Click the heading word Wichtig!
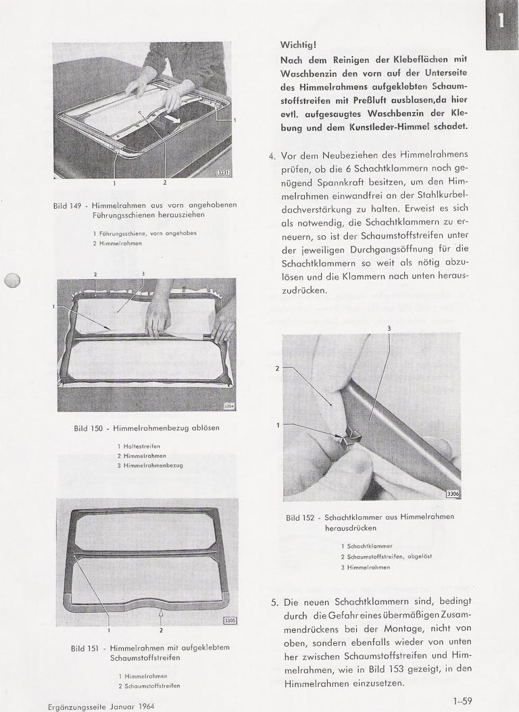pos(298,45)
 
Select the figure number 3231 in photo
pos(222,173)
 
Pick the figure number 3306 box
pos(453,494)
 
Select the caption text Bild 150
pos(89,428)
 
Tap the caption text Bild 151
pos(86,648)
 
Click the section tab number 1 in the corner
pos(501,21)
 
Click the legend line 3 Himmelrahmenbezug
pos(149,465)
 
